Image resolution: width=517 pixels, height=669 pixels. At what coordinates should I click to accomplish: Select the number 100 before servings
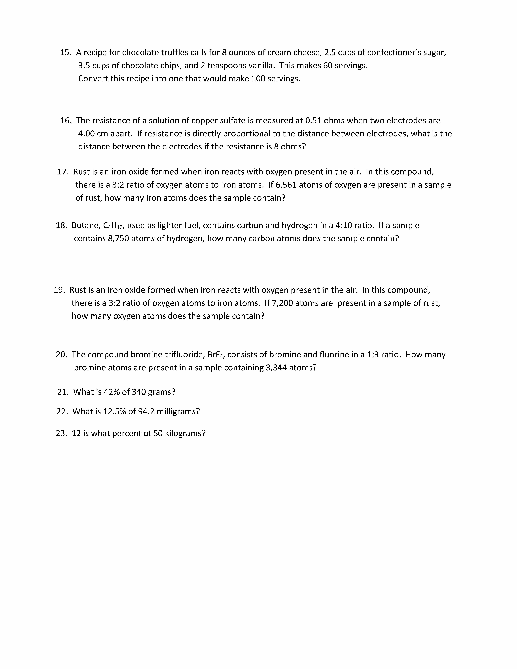(x=258, y=79)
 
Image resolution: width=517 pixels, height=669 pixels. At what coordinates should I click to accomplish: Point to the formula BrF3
(x=216, y=355)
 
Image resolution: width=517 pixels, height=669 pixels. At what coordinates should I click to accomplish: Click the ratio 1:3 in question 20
(x=373, y=355)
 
